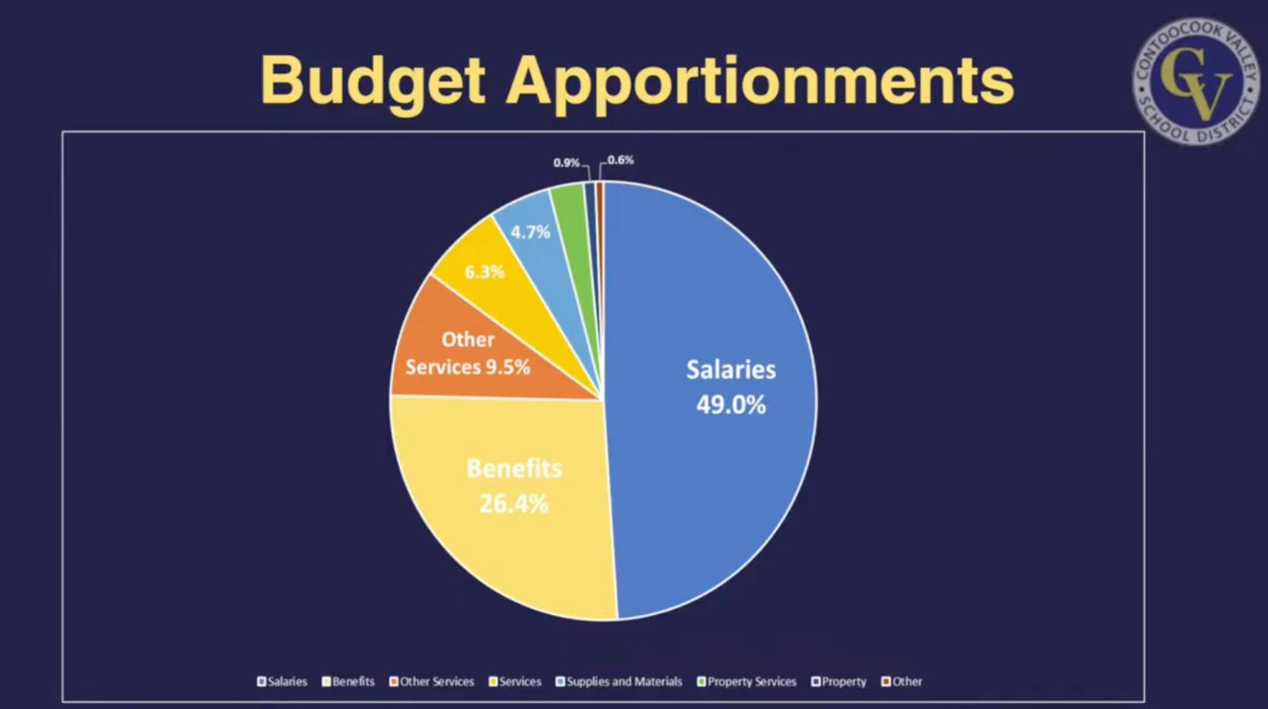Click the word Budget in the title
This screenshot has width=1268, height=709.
point(372,80)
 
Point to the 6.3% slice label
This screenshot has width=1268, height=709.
point(484,272)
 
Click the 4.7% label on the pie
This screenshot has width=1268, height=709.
point(530,232)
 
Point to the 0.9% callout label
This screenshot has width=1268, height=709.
point(566,162)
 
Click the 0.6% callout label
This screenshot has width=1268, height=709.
point(620,160)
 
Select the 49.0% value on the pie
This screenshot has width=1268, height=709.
point(731,405)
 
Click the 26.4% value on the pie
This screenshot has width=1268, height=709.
point(514,503)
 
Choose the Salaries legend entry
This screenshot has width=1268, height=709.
point(282,682)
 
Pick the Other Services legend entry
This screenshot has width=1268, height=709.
point(432,682)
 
